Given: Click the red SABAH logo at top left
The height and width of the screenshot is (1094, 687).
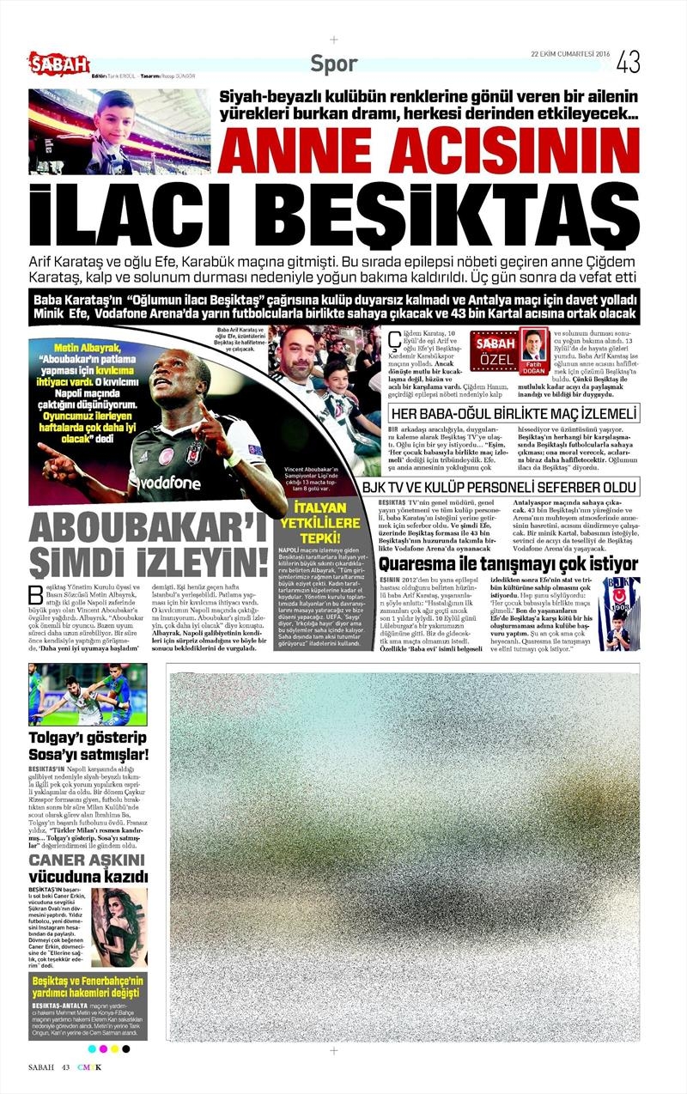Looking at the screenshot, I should pyautogui.click(x=58, y=62).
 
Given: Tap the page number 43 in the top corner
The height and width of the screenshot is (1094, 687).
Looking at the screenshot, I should pyautogui.click(x=628, y=62).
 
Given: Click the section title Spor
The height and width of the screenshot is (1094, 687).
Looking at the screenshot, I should pyautogui.click(x=334, y=64).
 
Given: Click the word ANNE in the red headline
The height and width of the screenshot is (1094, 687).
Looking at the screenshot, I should pyautogui.click(x=293, y=149).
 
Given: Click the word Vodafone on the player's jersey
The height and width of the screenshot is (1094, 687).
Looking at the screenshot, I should pyautogui.click(x=180, y=482).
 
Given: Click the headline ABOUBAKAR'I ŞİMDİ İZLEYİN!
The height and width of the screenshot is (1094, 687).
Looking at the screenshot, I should pyautogui.click(x=149, y=545).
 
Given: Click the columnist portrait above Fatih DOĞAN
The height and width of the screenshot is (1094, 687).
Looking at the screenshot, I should pyautogui.click(x=535, y=344).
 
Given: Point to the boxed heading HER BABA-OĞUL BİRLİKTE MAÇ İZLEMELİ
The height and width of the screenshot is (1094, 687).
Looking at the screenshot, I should pyautogui.click(x=514, y=413).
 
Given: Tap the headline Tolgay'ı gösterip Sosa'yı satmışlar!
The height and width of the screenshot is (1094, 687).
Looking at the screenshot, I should pyautogui.click(x=88, y=745).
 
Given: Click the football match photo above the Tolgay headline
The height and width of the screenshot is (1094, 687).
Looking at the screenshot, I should pyautogui.click(x=88, y=695).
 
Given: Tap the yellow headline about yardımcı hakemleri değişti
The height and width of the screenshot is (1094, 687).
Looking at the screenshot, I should pyautogui.click(x=88, y=987).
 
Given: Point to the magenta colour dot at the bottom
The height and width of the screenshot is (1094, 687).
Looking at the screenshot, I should pyautogui.click(x=103, y=1048).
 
